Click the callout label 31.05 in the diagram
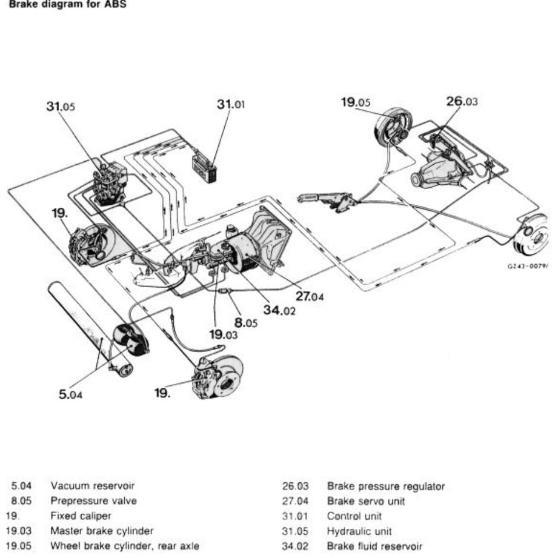61,107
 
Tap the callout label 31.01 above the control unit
231,104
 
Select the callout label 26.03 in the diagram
462,102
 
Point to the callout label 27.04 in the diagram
310,296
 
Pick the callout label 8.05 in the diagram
246,323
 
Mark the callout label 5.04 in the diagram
70,395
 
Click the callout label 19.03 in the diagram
224,334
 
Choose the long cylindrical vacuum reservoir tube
85,328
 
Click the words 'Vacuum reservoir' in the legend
93,485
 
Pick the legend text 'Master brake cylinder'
102,531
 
